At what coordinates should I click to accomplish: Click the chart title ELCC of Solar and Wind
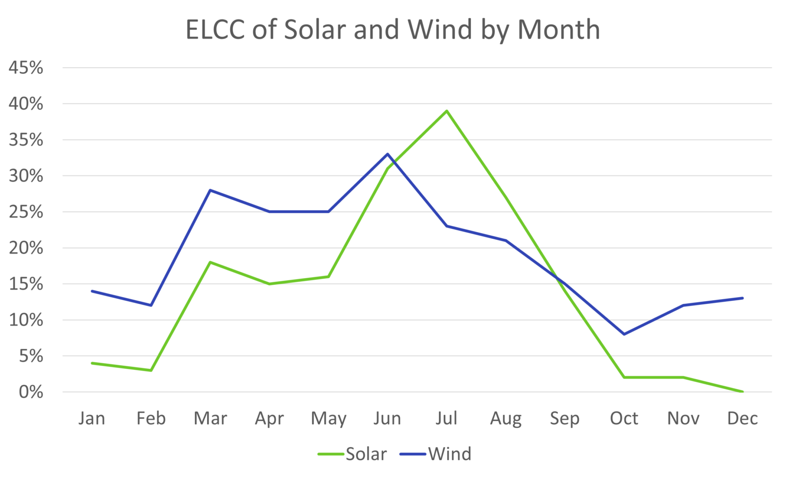coord(392,30)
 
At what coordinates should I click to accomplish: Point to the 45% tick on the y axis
coord(26,68)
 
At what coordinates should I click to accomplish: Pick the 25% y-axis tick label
coord(26,212)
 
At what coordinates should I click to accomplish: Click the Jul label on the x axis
coord(446,419)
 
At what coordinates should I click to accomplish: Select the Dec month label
coord(742,419)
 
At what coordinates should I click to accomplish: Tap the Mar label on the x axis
coord(210,419)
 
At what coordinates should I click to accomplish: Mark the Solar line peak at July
coord(447,111)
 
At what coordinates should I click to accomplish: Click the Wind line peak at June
coord(387,154)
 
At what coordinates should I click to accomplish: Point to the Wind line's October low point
coord(624,334)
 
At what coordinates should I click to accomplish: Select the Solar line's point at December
coord(742,391)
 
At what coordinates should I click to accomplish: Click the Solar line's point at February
coord(151,370)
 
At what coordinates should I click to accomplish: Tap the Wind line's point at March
coord(210,190)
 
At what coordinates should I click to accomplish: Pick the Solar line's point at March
coord(210,262)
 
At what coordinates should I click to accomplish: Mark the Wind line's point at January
coord(92,291)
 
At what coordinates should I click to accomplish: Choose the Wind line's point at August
coord(506,240)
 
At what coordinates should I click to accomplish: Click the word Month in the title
coord(558,30)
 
